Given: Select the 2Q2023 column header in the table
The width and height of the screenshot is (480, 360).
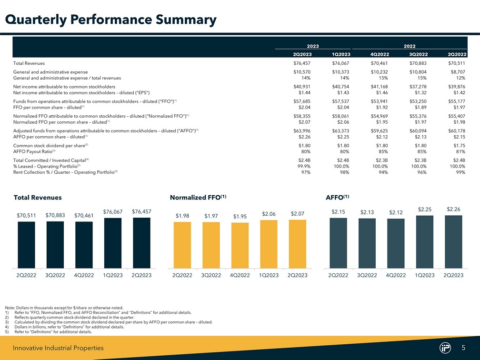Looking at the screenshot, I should pyautogui.click(x=302, y=54).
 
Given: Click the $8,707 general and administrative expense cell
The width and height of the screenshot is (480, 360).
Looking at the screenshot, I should pyautogui.click(x=457, y=72).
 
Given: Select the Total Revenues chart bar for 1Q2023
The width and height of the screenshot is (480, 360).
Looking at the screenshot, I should pyautogui.click(x=113, y=243).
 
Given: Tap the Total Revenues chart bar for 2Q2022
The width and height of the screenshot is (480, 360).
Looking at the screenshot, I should pyautogui.click(x=26, y=245).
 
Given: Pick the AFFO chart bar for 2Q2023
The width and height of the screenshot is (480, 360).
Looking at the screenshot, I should pyautogui.click(x=453, y=242).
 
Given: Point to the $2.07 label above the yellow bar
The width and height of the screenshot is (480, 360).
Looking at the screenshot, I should pyautogui.click(x=297, y=213).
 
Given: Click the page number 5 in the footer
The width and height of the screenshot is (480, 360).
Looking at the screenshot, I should pyautogui.click(x=463, y=348).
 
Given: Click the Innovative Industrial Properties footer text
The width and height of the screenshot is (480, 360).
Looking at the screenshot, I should pyautogui.click(x=58, y=349).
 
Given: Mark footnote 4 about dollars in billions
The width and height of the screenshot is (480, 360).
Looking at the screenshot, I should pyautogui.click(x=58, y=327).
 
